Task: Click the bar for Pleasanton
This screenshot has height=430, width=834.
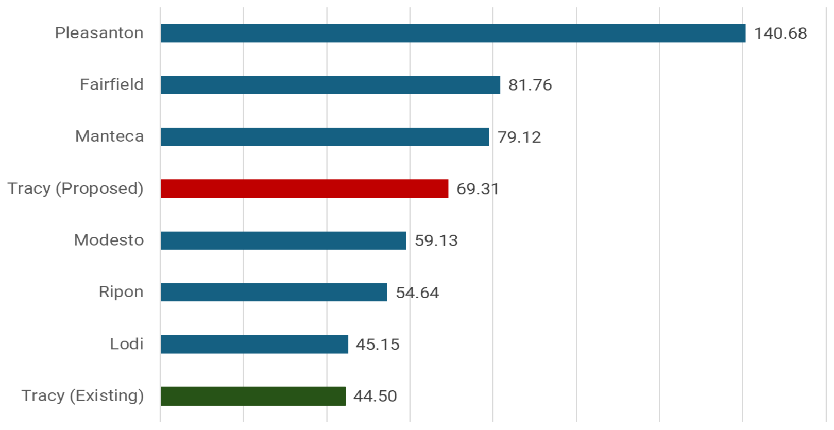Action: [x=453, y=33]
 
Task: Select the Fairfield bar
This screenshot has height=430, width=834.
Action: [x=330, y=85]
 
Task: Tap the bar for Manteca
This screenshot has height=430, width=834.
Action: [x=325, y=137]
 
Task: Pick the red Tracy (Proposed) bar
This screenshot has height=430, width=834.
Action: [x=304, y=188]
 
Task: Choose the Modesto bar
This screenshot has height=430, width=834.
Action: [x=283, y=240]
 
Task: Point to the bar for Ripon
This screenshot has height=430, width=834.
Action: [x=274, y=293]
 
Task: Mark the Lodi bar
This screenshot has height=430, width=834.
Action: [x=254, y=344]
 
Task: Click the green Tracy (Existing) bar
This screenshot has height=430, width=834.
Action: [x=253, y=396]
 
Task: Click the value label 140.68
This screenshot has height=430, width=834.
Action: [x=780, y=33]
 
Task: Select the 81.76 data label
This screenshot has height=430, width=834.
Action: [x=530, y=85]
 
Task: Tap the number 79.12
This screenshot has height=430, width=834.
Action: [x=519, y=137]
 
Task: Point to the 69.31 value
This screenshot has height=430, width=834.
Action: [x=478, y=189]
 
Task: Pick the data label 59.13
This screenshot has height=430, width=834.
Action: [x=436, y=240]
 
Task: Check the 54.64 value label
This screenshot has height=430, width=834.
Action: [x=417, y=293]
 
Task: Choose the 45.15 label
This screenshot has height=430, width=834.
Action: [x=378, y=345]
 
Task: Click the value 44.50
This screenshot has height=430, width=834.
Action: [x=375, y=396]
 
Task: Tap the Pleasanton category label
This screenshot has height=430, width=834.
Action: [x=99, y=33]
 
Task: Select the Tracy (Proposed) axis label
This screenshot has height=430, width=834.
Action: [x=75, y=188]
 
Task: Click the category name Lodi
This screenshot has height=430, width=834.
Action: [x=126, y=344]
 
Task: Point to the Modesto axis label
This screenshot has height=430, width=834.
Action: [x=109, y=240]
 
